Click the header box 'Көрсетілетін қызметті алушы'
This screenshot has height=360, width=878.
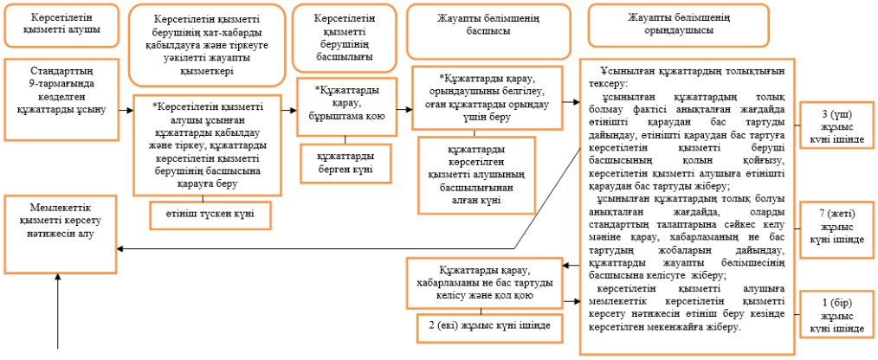coord(61,24)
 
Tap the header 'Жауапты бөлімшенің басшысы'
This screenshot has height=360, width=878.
coord(488,31)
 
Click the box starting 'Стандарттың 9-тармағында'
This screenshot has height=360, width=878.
coord(61,100)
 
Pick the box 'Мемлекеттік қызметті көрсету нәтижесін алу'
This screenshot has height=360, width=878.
coord(61,234)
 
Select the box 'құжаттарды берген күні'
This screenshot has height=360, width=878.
coord(345,164)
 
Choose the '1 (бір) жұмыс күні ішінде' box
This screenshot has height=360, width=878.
coord(837,314)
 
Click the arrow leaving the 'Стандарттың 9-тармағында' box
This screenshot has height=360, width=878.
coord(126,110)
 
